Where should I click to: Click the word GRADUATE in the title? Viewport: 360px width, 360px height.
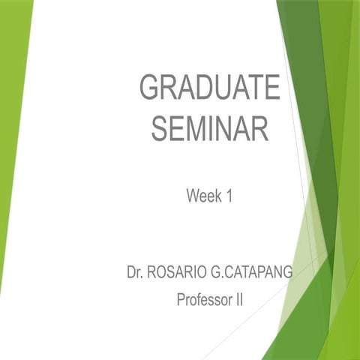[210, 88]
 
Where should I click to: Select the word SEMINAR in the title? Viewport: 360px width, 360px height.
[210, 128]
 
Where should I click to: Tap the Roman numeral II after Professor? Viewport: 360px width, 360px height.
[240, 301]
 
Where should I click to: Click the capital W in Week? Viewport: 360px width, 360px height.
[192, 196]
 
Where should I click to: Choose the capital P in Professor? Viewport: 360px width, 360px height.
[181, 301]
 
